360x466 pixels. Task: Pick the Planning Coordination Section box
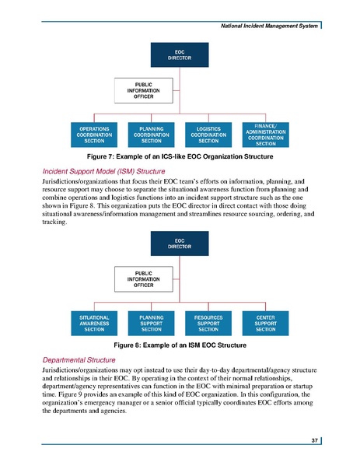tap(151, 135)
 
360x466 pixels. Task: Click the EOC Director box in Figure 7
tap(180, 54)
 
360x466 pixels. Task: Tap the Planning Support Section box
tap(151, 324)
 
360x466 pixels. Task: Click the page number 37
tap(315, 441)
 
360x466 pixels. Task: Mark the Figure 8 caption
tap(180, 345)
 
